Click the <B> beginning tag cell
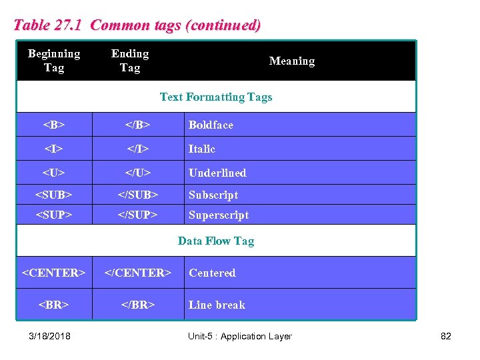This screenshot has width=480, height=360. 54,125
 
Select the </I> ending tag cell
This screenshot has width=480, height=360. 138,149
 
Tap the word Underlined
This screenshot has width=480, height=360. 217,173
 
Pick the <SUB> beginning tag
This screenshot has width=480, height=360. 54,195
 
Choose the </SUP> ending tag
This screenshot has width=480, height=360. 138,215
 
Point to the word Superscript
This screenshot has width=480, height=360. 219,215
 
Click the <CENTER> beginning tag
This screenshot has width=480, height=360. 54,273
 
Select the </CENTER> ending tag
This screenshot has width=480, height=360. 138,273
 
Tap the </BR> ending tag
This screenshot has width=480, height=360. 138,305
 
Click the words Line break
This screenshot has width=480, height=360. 217,305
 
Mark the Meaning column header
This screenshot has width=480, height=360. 291,61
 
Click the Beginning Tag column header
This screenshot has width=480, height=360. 54,61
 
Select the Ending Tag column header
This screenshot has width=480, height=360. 130,61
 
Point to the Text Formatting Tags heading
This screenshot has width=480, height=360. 216,97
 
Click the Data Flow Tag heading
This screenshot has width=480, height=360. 216,241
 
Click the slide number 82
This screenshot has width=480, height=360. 446,336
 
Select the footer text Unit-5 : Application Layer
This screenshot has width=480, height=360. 240,336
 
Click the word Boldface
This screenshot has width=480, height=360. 211,125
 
